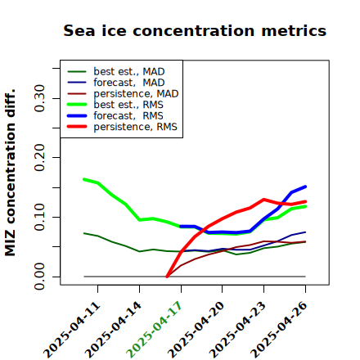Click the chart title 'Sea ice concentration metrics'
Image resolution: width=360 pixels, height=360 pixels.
[x=195, y=31]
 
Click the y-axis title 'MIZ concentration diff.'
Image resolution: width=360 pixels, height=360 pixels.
[x=10, y=173]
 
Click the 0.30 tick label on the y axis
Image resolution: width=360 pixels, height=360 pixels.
[x=39, y=98]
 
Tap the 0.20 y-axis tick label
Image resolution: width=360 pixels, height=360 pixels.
[x=39, y=158]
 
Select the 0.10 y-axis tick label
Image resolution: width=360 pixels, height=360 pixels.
[x=39, y=217]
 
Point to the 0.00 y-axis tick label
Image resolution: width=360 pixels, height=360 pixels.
[x=39, y=277]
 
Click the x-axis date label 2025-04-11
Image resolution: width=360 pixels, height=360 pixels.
[x=72, y=331]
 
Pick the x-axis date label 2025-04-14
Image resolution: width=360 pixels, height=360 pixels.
[x=114, y=330]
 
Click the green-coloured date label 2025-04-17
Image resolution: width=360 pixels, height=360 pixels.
[x=155, y=330]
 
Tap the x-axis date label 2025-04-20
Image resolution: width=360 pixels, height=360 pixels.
[x=196, y=330]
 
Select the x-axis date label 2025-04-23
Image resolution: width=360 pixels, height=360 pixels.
[x=238, y=330]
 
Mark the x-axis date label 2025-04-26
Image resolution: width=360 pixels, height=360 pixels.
[x=279, y=330]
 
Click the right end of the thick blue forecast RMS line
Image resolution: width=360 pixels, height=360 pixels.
[x=305, y=187]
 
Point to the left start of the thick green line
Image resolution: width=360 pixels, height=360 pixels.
[x=84, y=179]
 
